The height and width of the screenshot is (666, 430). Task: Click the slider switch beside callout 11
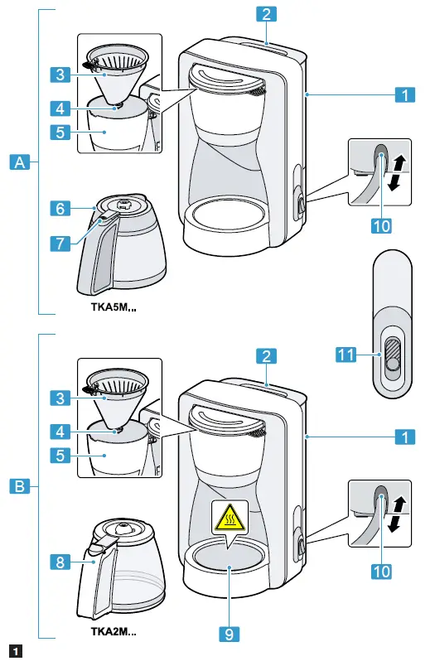[392, 356]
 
